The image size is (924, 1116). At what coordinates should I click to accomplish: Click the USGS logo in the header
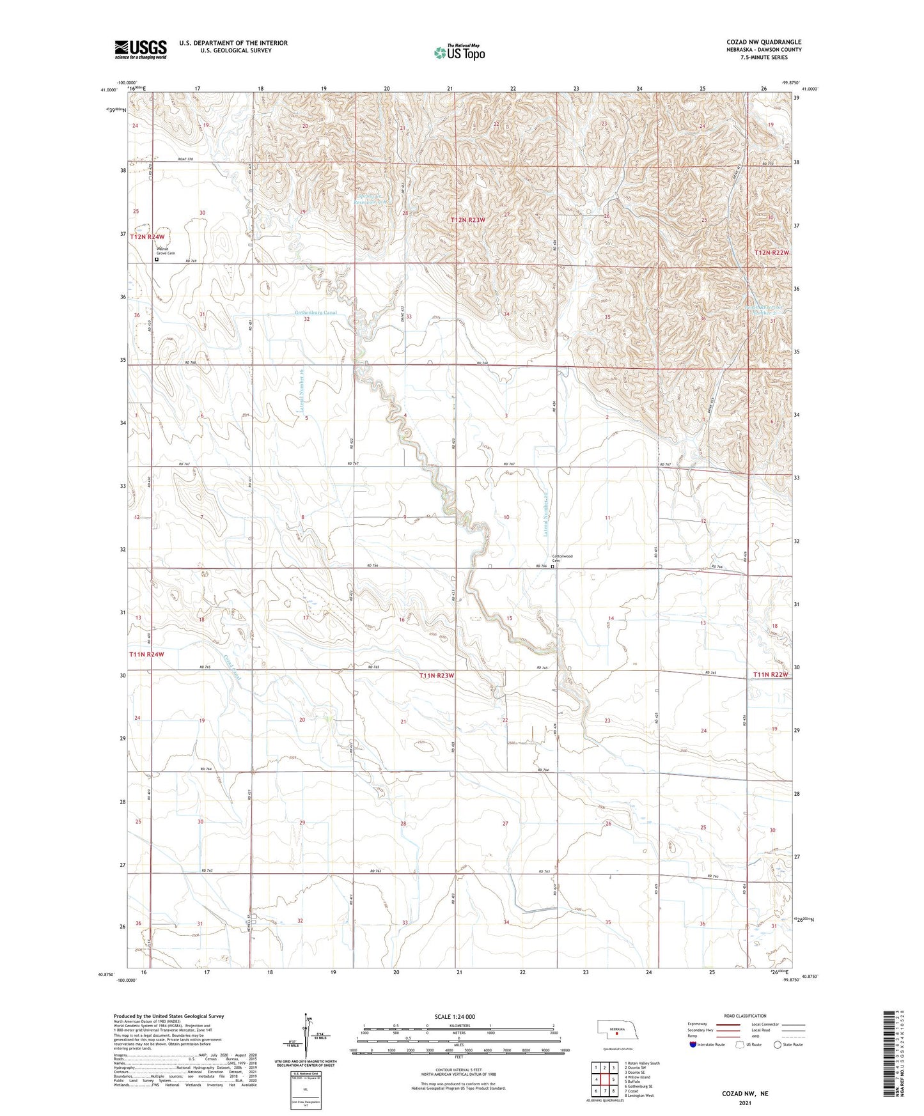click(x=141, y=49)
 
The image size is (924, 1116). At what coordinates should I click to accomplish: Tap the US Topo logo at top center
click(x=458, y=52)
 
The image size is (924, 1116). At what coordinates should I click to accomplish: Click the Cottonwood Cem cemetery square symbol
click(x=553, y=566)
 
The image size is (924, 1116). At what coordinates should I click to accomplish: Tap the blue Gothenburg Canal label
click(x=315, y=313)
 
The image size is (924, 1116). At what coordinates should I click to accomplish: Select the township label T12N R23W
click(x=468, y=220)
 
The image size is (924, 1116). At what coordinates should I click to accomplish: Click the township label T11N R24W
click(x=146, y=655)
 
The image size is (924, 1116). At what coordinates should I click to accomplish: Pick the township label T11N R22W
click(x=771, y=674)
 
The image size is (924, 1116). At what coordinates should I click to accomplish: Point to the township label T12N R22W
click(x=772, y=253)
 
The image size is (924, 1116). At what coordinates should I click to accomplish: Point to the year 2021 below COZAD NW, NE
click(x=745, y=1103)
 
